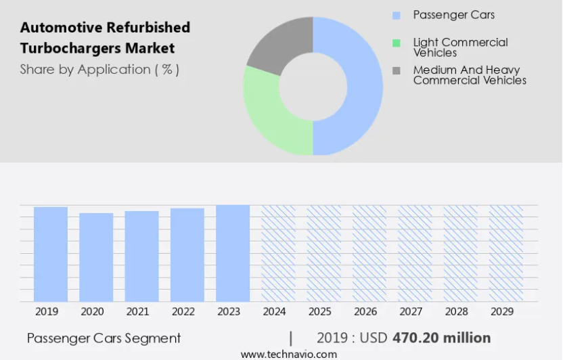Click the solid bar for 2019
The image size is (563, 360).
(51, 254)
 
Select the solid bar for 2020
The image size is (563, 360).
(96, 257)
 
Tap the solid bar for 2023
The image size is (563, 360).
(233, 253)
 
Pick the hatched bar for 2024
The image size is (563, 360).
(278, 253)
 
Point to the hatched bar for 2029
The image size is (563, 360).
(506, 253)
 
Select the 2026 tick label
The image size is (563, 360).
(365, 312)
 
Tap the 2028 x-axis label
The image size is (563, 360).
(457, 312)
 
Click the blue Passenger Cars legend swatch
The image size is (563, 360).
(397, 15)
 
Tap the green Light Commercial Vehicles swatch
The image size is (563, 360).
(397, 43)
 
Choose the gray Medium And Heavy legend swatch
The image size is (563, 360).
(397, 70)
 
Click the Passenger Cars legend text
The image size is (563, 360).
(453, 15)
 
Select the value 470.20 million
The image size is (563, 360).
(441, 338)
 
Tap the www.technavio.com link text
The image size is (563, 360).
(288, 354)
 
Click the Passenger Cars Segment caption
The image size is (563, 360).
(104, 338)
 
